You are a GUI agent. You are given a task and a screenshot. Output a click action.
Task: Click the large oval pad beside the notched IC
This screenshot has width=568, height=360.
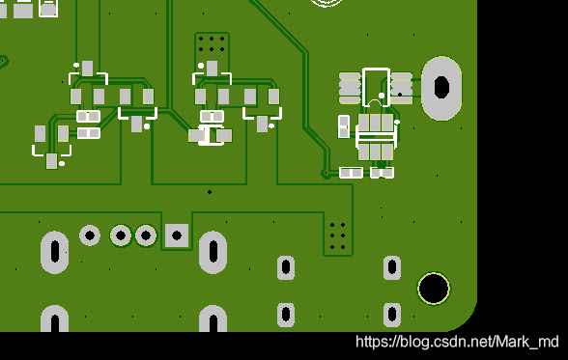441,88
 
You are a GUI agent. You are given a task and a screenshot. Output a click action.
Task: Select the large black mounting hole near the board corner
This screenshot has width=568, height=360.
434,289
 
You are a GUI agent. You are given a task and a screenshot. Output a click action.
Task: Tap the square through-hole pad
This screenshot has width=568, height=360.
177,235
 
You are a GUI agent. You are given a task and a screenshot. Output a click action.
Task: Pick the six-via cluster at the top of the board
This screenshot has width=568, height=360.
212,43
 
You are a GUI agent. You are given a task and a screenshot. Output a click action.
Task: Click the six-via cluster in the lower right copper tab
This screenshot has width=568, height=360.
338,236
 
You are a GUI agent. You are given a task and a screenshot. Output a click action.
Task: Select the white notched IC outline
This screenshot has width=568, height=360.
376,87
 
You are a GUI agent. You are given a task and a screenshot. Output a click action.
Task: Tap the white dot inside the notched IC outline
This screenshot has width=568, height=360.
382,96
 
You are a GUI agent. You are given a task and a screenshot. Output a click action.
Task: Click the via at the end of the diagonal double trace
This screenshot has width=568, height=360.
326,173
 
